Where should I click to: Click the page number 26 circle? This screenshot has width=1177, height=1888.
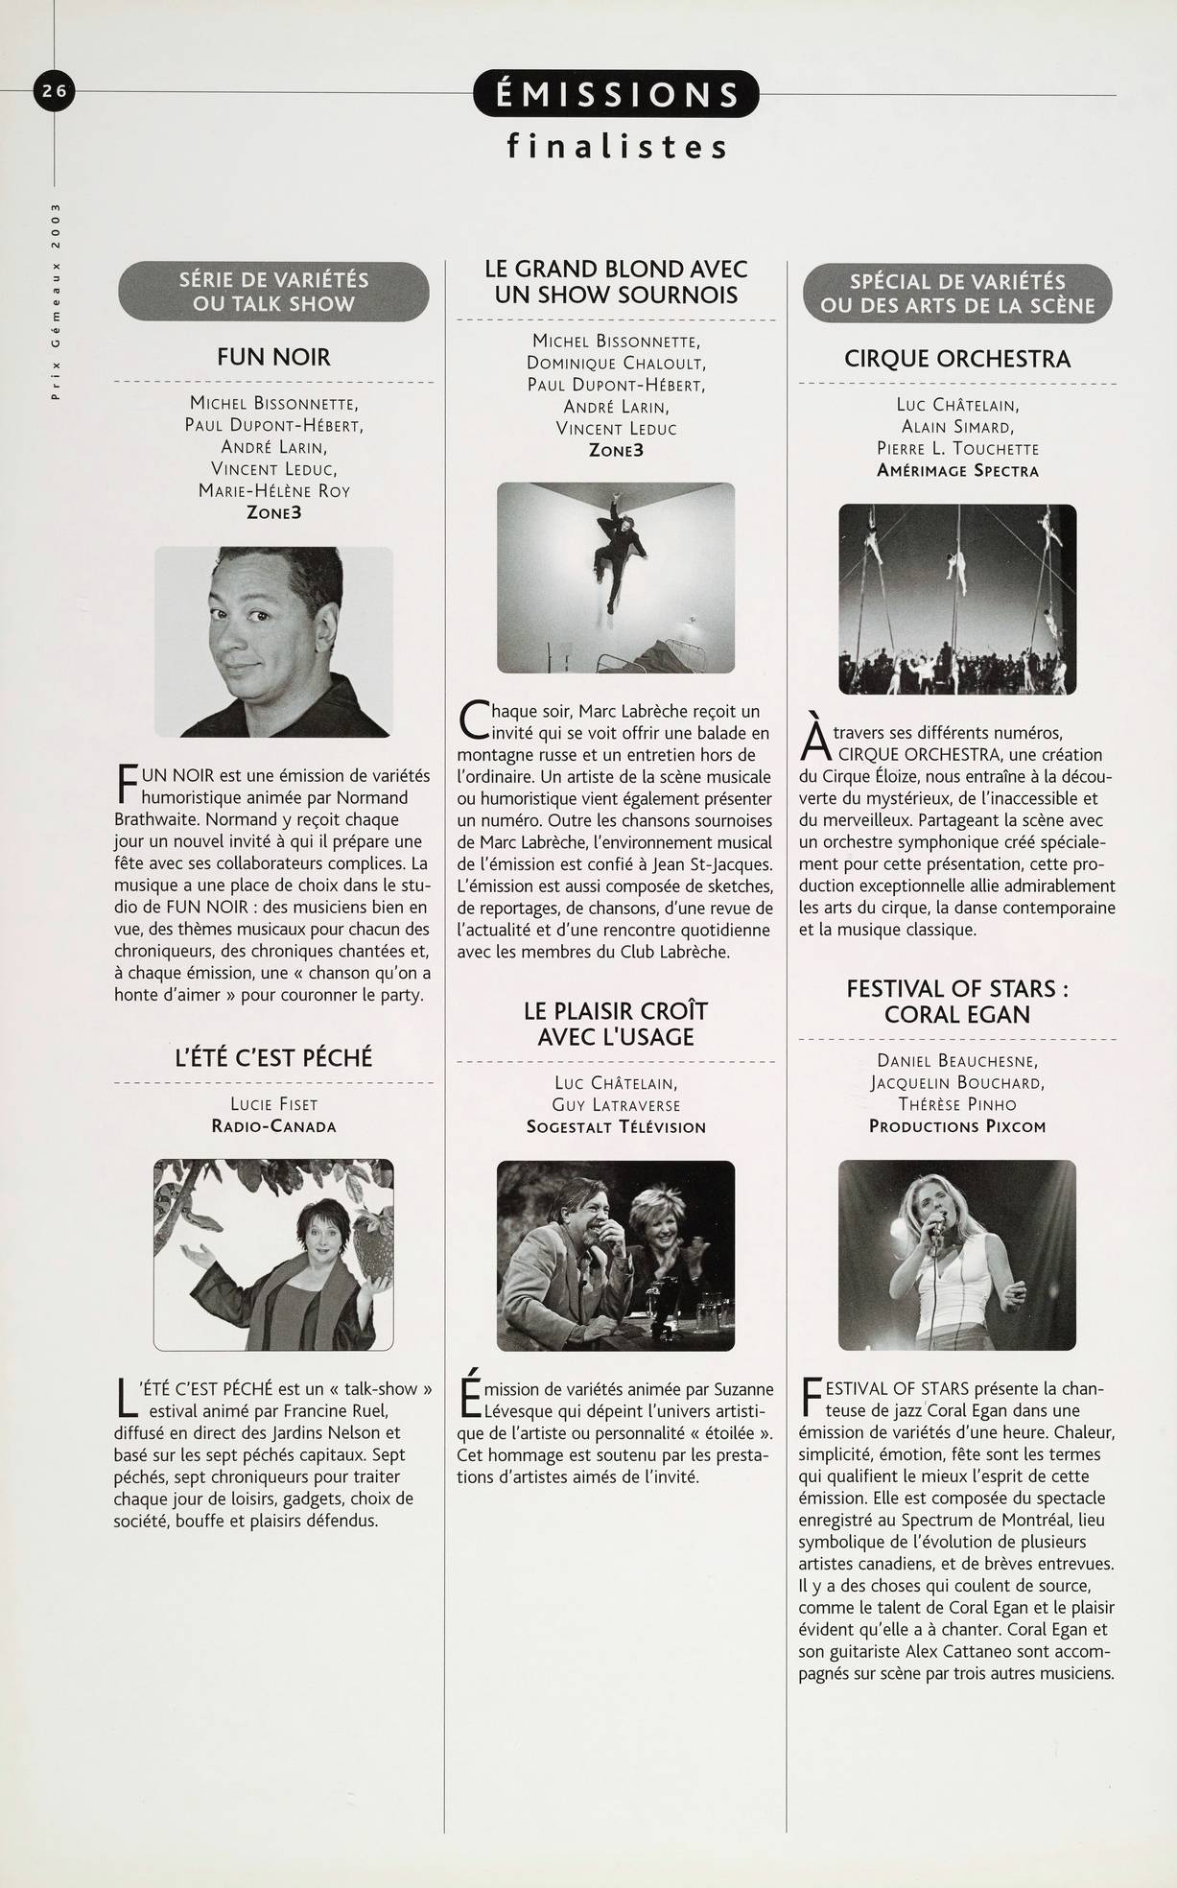[x=53, y=91]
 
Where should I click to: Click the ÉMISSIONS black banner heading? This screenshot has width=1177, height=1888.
[x=616, y=94]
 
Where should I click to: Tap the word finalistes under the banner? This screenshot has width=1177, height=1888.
[x=617, y=147]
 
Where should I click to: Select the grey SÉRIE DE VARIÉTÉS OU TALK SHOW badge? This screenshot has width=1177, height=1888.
[x=273, y=292]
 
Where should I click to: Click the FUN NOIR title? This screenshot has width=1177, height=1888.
[x=273, y=358]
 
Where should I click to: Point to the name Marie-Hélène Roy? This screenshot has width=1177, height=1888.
[x=273, y=490]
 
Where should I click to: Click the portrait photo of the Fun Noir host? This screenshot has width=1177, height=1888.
[x=273, y=641]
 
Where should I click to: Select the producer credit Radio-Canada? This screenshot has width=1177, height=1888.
[x=273, y=1126]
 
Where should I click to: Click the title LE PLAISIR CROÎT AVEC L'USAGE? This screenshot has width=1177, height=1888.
[x=616, y=1024]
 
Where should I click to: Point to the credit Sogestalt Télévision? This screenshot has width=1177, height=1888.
[x=616, y=1127]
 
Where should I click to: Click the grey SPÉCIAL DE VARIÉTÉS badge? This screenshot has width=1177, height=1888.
[x=957, y=294]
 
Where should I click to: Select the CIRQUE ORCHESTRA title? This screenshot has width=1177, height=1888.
[x=957, y=359]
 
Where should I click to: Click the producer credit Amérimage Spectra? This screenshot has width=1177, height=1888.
[x=957, y=470]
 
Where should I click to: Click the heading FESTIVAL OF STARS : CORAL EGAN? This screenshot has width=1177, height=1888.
[x=957, y=1001]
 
